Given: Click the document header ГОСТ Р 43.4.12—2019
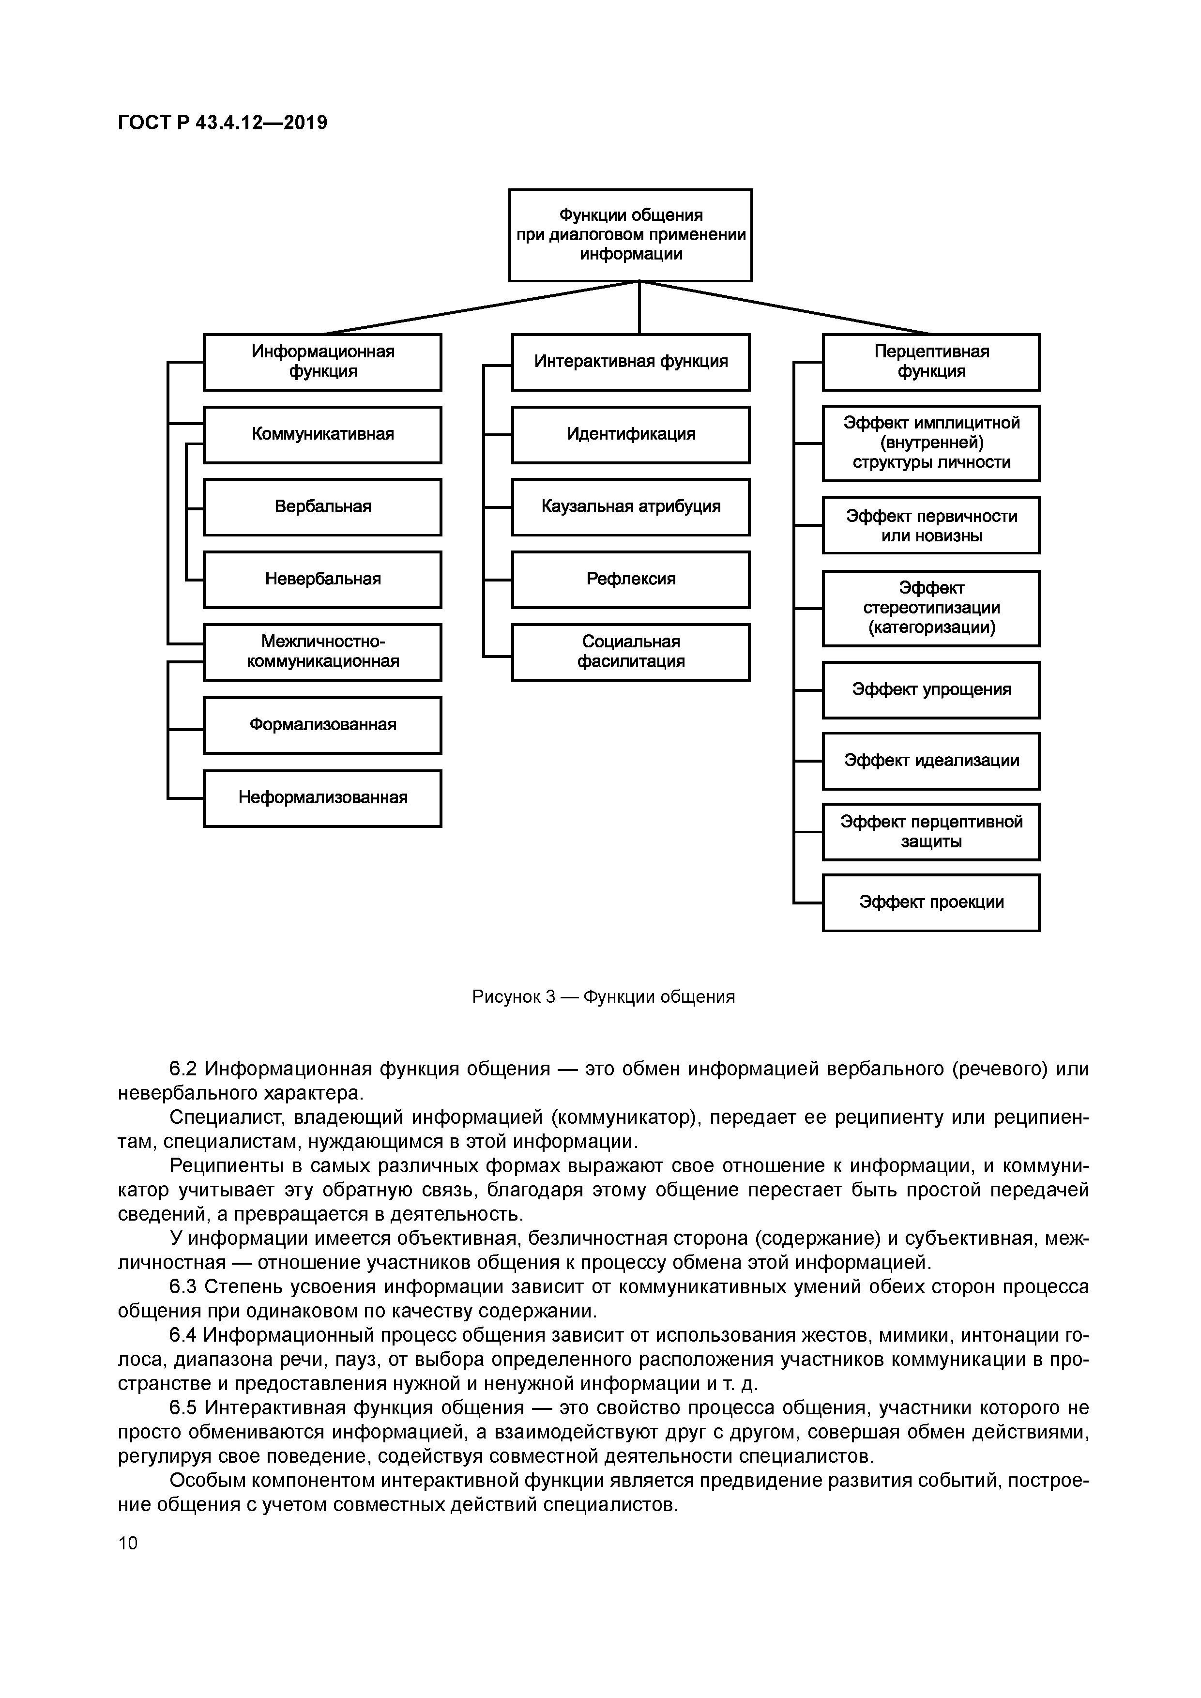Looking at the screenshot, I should point(222,122).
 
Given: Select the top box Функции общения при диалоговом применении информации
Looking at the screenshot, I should point(630,234).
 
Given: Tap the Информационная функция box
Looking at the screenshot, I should point(322,362).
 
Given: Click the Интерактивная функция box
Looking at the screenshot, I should point(630,362).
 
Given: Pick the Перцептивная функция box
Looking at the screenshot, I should point(930,362).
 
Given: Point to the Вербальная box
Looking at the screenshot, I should point(322,506).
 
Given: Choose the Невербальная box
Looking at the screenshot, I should point(322,579).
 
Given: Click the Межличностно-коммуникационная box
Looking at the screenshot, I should point(322,652).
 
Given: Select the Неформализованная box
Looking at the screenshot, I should point(322,797).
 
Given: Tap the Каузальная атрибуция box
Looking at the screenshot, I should point(630,506).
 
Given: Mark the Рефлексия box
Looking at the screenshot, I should point(630,579).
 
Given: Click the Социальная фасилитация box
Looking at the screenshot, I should point(630,652).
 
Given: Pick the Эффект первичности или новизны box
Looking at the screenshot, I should point(930,525).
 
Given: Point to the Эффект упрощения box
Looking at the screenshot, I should point(930,689).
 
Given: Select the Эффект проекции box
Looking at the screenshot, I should point(930,902).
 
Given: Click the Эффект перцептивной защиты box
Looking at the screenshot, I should point(930,831).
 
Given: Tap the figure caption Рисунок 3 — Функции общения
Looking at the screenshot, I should point(604,997).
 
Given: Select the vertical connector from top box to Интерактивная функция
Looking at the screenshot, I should point(639,307).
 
